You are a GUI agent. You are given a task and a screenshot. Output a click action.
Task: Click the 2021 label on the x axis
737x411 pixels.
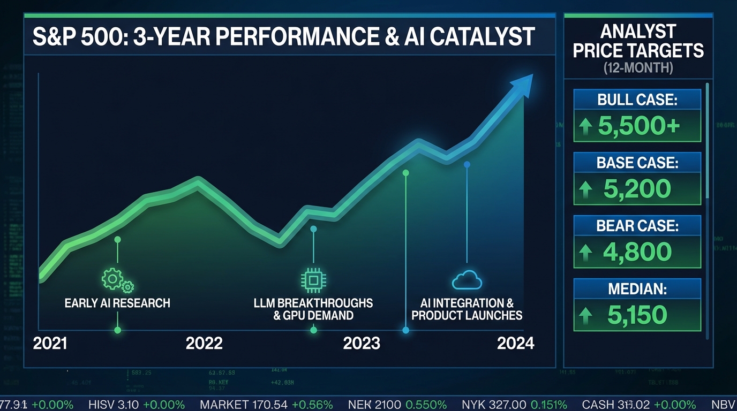point(50,343)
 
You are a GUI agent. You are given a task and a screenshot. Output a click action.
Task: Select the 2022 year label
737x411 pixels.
point(204,343)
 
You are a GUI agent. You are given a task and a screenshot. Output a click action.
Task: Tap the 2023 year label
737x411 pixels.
point(362,343)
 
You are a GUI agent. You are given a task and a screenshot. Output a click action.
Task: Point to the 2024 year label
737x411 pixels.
point(515,343)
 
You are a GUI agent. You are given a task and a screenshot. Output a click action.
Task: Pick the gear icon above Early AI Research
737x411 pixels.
point(117,280)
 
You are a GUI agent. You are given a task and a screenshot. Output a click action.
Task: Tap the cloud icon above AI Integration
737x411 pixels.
point(467,280)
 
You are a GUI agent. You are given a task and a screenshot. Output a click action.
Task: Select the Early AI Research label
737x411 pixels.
point(117,303)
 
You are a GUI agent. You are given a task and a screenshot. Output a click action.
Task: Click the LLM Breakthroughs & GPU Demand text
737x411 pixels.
point(313,309)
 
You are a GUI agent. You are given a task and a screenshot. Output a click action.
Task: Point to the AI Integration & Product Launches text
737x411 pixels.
point(467,309)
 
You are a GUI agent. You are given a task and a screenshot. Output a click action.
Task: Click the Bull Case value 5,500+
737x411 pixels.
point(639,126)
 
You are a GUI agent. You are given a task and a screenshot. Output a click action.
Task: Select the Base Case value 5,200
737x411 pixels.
point(637,189)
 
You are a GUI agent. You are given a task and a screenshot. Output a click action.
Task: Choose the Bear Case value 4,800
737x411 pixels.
point(637,252)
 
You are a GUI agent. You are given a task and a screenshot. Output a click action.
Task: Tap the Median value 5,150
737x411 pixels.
point(637,315)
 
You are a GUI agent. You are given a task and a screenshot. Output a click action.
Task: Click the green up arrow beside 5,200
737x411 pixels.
point(586,189)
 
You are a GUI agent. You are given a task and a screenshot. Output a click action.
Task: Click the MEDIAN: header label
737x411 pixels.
point(637,289)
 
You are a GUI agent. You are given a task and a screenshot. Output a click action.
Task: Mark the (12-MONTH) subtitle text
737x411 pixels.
point(638,68)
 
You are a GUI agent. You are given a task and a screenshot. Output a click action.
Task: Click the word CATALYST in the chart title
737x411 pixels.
point(468,36)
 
